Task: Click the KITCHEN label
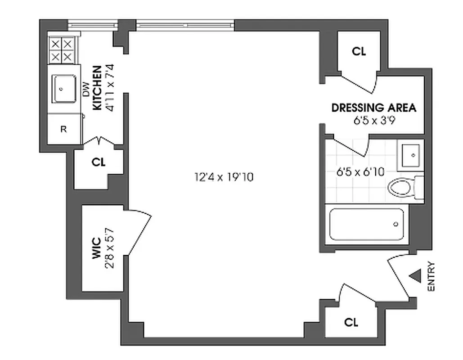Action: coord(97,88)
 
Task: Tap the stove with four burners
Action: coord(61,50)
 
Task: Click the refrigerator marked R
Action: coord(63,129)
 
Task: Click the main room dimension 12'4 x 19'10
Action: coord(224,177)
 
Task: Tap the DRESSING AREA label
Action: coord(373,108)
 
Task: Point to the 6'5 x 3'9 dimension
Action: coord(374,120)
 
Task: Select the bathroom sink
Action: coord(410,155)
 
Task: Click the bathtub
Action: coord(366,224)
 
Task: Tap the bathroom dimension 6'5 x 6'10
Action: coord(360,171)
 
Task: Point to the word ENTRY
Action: coord(431,276)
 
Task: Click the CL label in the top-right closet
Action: coord(359,51)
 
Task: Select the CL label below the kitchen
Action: coord(98,162)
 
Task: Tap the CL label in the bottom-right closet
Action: coord(351,322)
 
